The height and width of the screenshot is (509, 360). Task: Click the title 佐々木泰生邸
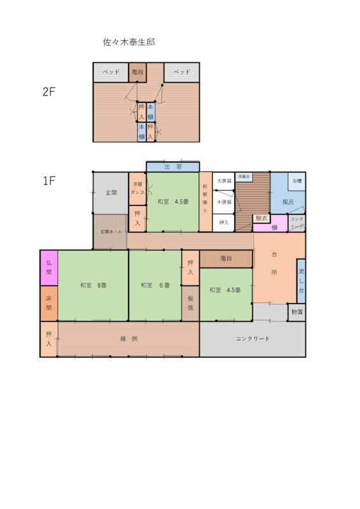(129, 43)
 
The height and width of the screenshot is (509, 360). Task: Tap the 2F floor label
(50, 92)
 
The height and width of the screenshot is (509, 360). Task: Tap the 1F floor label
(50, 181)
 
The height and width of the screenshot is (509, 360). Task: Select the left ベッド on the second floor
(111, 72)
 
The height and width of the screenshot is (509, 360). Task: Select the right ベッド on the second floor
(182, 72)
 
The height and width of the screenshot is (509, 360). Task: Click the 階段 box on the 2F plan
(138, 72)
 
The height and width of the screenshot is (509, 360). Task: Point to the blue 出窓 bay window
(172, 167)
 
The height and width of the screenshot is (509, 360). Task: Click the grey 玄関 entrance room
(111, 192)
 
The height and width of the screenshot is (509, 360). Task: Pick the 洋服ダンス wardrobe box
(138, 188)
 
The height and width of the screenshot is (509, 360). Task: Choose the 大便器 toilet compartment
(224, 181)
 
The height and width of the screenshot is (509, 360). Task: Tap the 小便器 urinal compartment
(224, 202)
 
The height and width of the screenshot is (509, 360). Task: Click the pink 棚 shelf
(274, 228)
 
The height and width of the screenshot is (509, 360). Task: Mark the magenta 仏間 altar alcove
(49, 268)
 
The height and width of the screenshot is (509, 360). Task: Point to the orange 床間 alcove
(49, 303)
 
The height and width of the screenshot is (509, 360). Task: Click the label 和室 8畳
(93, 285)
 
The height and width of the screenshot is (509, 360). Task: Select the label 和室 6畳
(155, 285)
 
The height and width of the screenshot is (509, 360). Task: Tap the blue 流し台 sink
(301, 281)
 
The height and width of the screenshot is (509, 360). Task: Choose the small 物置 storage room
(296, 312)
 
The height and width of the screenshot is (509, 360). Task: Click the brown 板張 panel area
(190, 303)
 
